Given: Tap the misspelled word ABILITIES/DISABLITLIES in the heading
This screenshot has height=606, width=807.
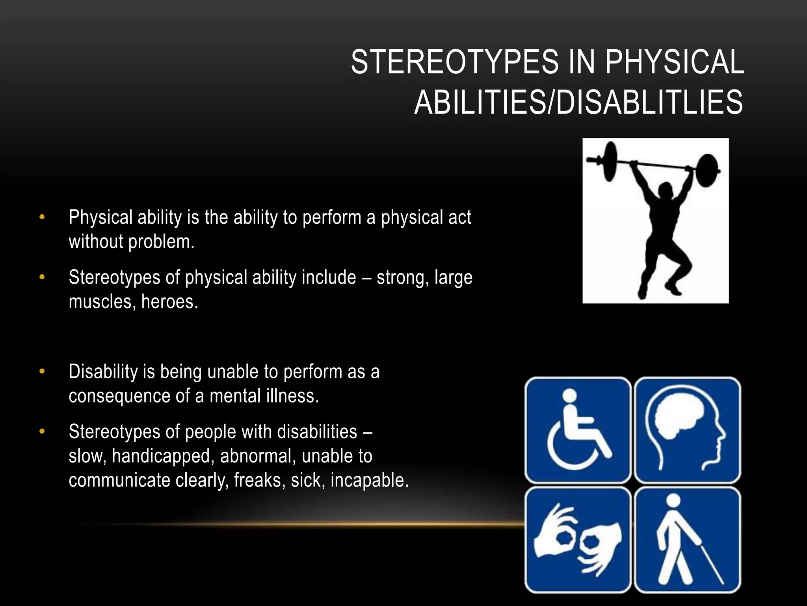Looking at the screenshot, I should tap(578, 102).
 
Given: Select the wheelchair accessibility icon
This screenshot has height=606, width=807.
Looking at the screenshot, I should tap(578, 430).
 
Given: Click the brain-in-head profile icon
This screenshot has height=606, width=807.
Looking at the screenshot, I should tap(688, 430).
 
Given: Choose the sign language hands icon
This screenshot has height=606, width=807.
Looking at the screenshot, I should tap(578, 540).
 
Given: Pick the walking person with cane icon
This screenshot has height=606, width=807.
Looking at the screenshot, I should tap(688, 540).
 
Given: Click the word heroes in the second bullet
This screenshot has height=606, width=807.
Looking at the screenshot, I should tap(169, 302).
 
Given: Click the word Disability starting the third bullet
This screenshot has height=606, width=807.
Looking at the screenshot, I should tap(103, 372).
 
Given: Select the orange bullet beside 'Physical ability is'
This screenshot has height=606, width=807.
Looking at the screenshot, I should tap(42, 217).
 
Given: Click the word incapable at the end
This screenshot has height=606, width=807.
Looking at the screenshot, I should tap(369, 481).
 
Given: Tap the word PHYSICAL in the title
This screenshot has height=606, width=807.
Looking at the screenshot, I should tap(674, 62).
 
